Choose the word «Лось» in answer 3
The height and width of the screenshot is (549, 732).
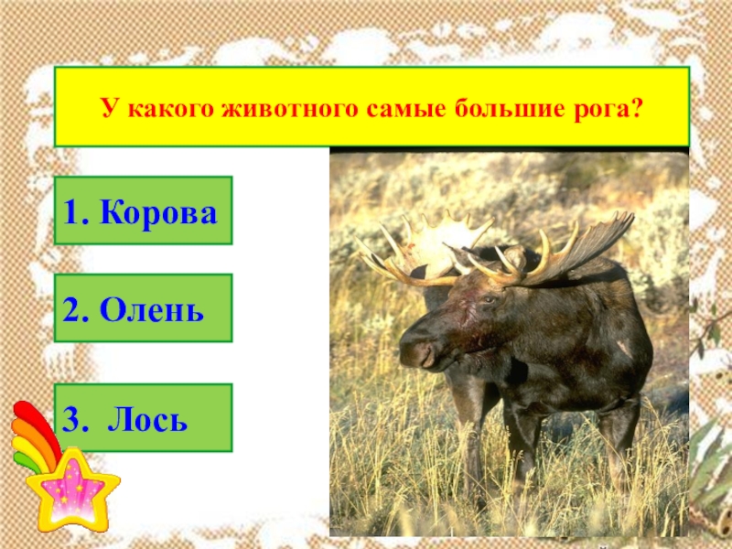point(148,420)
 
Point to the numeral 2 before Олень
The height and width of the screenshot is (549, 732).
point(73,308)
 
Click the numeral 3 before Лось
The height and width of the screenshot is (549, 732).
point(72,420)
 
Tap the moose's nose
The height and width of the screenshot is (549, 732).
point(412,352)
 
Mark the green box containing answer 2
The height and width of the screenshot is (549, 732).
point(143,308)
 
